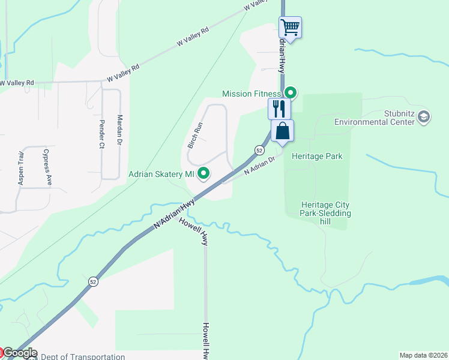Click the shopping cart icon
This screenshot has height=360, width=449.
pos(290,27)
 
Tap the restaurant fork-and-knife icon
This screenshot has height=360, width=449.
pos(279,109)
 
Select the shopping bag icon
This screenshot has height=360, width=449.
pos(283,130)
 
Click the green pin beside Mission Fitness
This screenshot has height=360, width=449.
pos(291,93)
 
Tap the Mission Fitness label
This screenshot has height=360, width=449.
pos(251,94)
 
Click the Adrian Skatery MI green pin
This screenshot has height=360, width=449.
pos(204,174)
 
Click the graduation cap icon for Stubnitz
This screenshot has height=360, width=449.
pos(424,116)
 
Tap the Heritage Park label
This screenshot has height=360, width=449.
pos(317,157)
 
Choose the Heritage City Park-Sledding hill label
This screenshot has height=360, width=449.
pos(326,213)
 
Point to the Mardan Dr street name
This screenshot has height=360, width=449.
pos(119,130)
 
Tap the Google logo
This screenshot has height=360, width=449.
pos(19,353)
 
